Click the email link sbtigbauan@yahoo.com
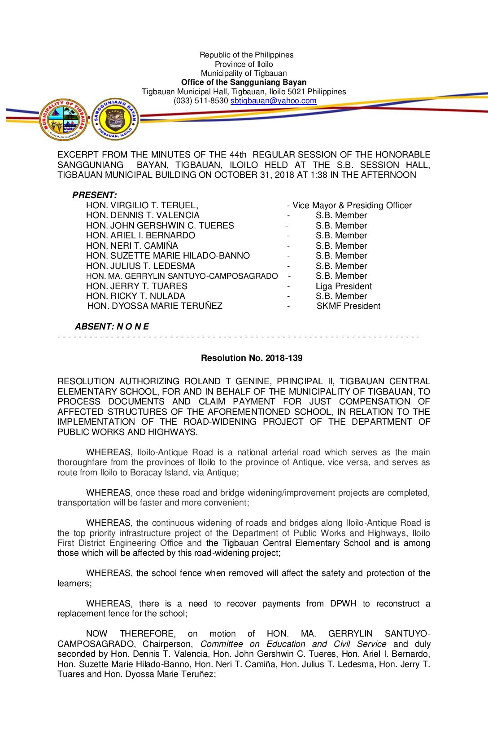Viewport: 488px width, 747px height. pyautogui.click(x=273, y=101)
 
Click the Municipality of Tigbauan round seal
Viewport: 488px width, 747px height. pyautogui.click(x=63, y=119)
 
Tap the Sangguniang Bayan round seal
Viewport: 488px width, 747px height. pyautogui.click(x=115, y=119)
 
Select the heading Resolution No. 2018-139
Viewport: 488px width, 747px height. pyautogui.click(x=252, y=358)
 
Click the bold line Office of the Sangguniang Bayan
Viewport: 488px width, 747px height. pyautogui.click(x=244, y=82)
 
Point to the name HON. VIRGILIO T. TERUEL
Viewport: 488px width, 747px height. pyautogui.click(x=142, y=206)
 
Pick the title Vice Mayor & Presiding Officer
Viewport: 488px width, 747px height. pyautogui.click(x=352, y=206)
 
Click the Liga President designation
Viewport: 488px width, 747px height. pyautogui.click(x=344, y=286)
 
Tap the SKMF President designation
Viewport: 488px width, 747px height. pyautogui.click(x=348, y=306)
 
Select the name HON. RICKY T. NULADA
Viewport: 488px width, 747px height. pyautogui.click(x=135, y=296)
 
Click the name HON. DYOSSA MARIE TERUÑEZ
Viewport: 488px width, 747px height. pyautogui.click(x=155, y=306)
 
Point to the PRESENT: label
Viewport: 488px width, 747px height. pyautogui.click(x=95, y=195)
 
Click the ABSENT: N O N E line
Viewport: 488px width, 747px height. pyautogui.click(x=112, y=326)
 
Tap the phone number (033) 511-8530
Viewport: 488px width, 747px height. pyautogui.click(x=201, y=101)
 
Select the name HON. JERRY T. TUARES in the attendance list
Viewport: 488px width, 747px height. pyautogui.click(x=137, y=286)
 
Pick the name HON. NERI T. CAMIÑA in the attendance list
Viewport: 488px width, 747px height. pyautogui.click(x=132, y=246)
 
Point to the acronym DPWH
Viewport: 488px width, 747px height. pyautogui.click(x=343, y=604)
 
